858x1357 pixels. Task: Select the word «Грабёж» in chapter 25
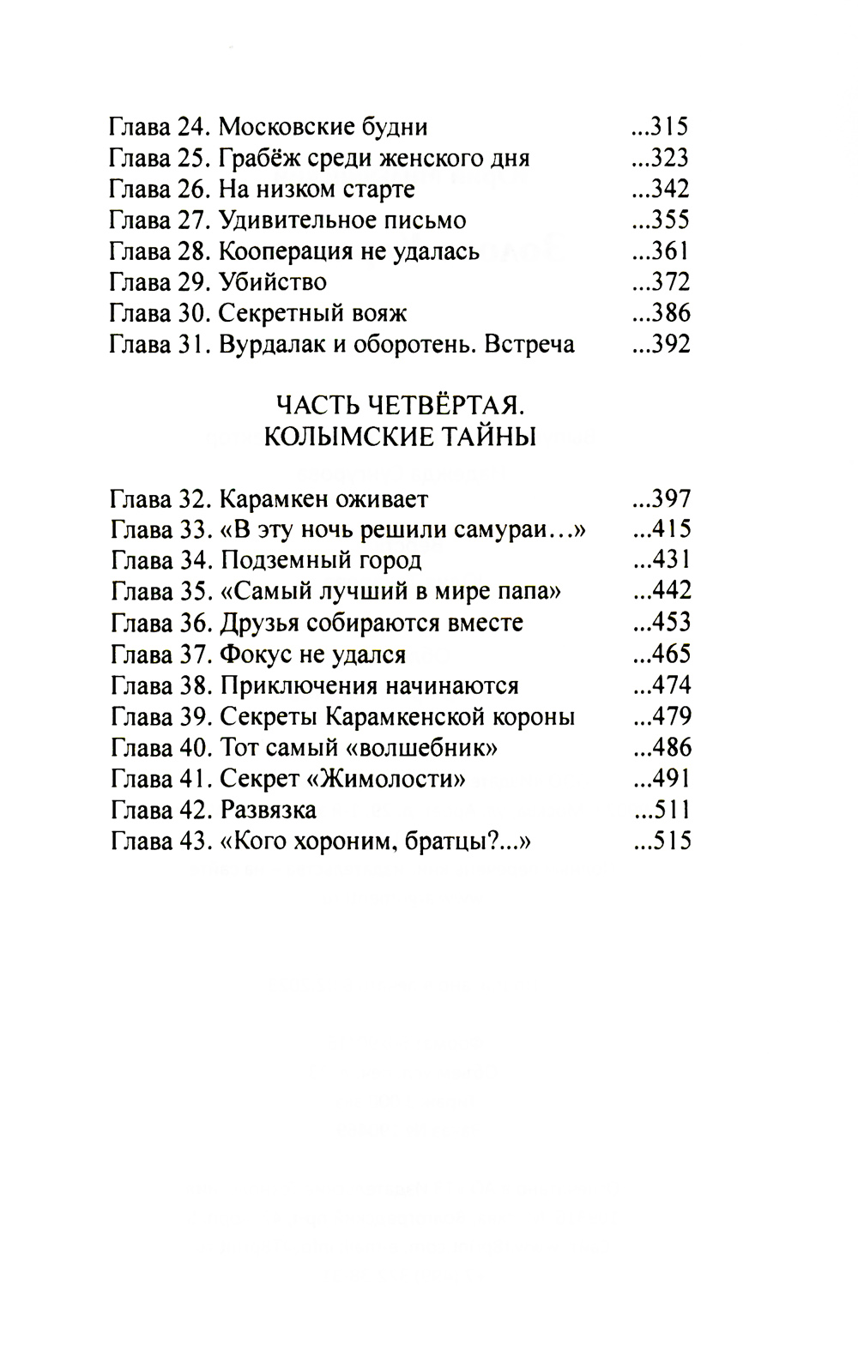(x=258, y=159)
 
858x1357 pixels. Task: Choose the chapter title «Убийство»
(x=273, y=282)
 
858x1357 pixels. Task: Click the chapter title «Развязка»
(x=269, y=811)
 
